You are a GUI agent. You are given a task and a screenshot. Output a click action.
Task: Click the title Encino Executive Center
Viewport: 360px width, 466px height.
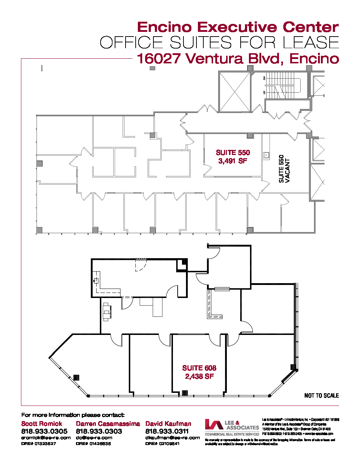238,27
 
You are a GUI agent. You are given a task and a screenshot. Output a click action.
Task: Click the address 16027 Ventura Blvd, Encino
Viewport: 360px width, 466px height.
238,58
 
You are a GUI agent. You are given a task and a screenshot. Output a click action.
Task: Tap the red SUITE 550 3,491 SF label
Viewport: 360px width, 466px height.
233,157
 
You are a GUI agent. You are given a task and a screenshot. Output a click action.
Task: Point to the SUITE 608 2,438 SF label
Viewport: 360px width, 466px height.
199,372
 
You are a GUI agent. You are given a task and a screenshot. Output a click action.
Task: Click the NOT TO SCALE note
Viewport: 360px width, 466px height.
321,395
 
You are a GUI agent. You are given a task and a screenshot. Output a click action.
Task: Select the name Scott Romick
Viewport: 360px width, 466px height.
42,424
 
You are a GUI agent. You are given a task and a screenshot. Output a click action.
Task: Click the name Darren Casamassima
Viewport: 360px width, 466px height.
108,424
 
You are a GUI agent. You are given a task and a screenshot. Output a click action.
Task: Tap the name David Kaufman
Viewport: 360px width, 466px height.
168,424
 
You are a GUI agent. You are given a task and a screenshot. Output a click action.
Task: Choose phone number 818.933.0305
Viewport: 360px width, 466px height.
44,431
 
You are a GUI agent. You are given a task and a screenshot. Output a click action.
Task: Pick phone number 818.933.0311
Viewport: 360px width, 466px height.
167,431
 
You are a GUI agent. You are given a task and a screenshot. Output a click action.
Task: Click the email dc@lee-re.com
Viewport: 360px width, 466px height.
94,437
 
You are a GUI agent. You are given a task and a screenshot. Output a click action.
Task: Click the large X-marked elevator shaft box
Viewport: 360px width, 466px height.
235,92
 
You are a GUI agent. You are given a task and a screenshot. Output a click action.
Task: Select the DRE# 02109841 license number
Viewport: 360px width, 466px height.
163,444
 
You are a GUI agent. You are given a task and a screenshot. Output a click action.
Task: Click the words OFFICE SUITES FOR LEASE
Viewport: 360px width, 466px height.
219,43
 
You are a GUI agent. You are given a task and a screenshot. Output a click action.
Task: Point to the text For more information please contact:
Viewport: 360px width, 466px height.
73,415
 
